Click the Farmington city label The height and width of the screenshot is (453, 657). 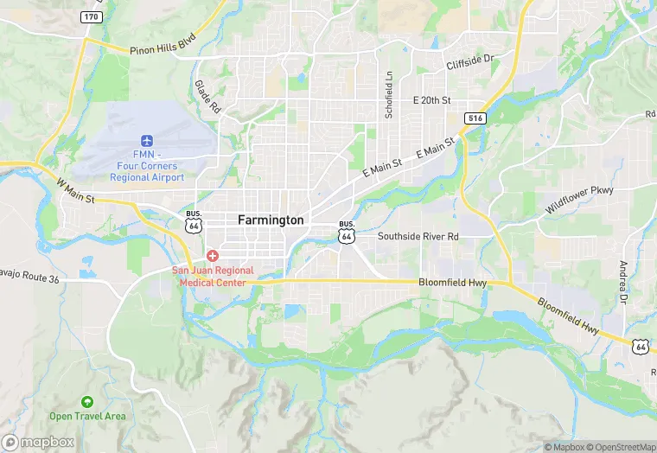[x=271, y=220]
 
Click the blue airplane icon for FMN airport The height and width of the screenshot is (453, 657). [x=147, y=141]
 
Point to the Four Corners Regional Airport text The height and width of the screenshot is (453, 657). [x=147, y=172]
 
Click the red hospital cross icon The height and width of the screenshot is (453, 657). [x=213, y=256]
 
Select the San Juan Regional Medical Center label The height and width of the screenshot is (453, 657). [x=213, y=277]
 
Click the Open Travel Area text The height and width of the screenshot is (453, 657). [x=87, y=417]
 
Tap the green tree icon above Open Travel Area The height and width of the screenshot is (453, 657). [x=87, y=402]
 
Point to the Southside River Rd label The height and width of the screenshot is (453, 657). [x=418, y=236]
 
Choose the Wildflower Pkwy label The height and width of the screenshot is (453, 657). [x=578, y=200]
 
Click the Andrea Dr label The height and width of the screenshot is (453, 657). [x=622, y=283]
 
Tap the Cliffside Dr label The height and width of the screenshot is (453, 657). [x=469, y=62]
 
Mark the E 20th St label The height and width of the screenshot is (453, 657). [x=432, y=100]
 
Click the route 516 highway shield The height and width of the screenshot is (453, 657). [x=474, y=118]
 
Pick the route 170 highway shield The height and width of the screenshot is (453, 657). [x=90, y=16]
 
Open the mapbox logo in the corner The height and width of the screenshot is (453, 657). [x=38, y=442]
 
